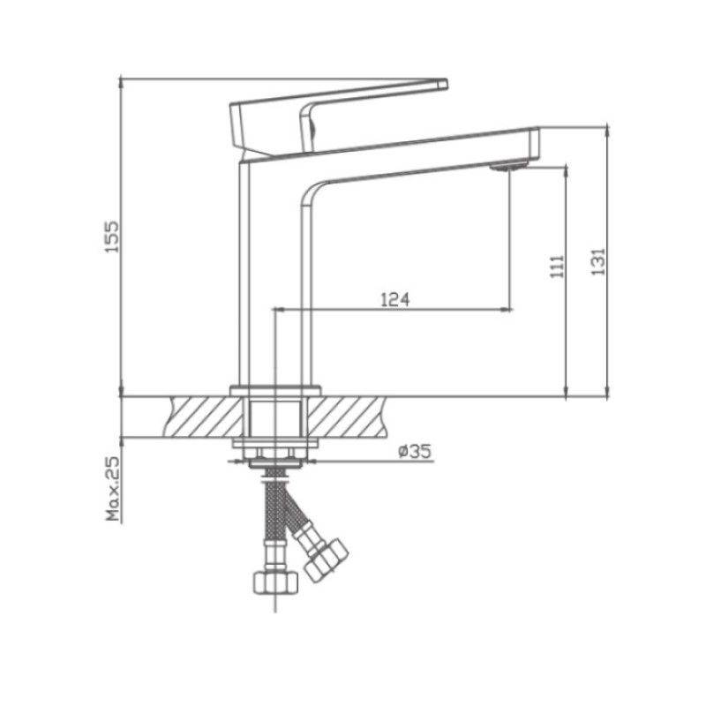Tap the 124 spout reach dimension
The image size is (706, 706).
coord(394,299)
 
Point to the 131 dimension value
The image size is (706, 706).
coord(597,260)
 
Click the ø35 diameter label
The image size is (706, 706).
coord(414,452)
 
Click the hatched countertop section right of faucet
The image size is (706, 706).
coord(353,417)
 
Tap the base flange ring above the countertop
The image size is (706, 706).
coord(274,390)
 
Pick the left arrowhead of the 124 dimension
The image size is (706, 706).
coord(281,310)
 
